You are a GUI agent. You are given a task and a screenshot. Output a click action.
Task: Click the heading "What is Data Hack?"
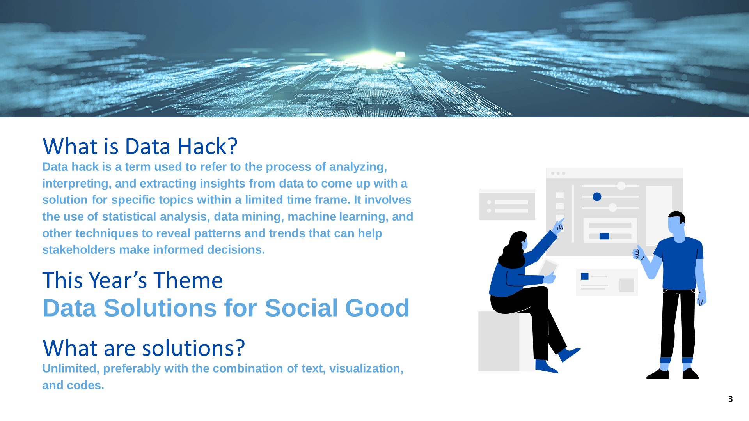[x=140, y=146]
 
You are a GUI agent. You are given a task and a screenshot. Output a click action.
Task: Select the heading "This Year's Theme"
[x=133, y=280]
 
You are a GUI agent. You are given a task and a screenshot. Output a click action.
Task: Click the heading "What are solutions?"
[x=144, y=348]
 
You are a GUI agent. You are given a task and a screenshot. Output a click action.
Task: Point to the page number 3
[x=731, y=399]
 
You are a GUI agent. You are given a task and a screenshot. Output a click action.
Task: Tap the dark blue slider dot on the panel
[x=597, y=197]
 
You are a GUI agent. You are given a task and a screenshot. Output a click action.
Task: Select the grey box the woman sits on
[x=506, y=341]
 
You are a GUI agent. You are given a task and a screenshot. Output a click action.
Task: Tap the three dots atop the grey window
[x=558, y=173]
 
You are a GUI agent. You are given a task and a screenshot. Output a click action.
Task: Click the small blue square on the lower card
[x=585, y=276]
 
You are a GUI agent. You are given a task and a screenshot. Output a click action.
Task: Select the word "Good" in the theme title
[x=377, y=308]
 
